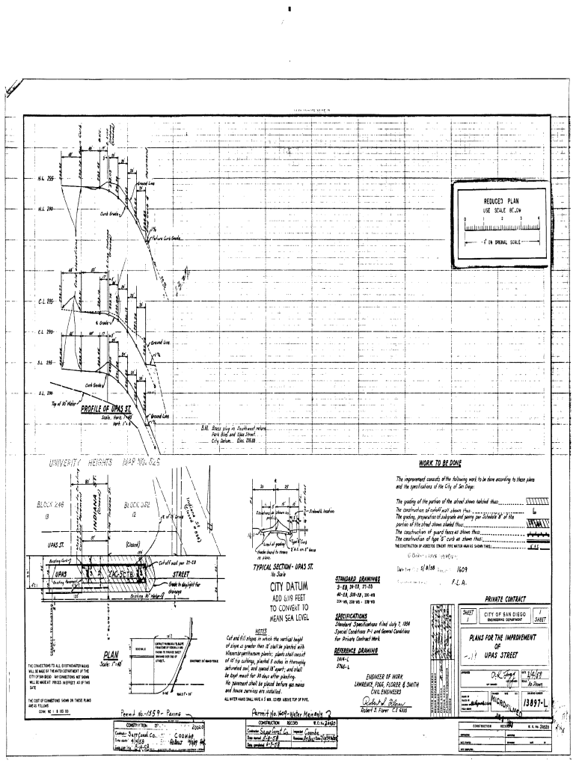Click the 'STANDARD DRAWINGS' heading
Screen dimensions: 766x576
pos(360,578)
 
